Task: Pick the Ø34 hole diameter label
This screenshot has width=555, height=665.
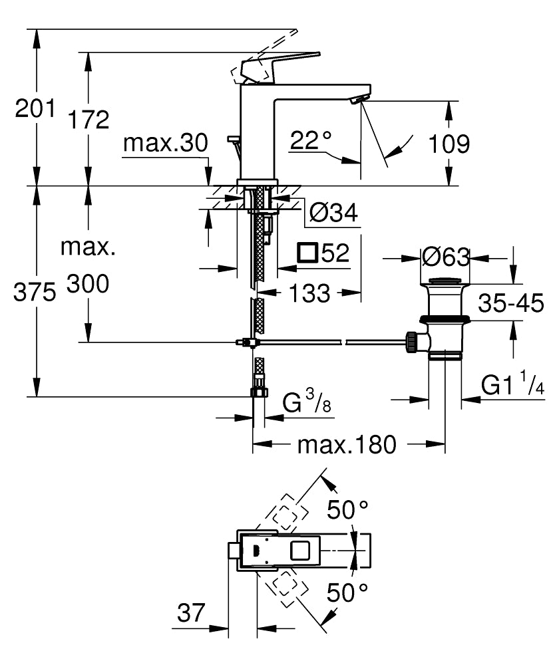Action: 333,213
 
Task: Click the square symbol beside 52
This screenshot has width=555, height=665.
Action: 307,253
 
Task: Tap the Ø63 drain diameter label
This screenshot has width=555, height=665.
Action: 445,257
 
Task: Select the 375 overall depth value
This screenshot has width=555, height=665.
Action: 35,293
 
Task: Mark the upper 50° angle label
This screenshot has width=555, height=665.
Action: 347,510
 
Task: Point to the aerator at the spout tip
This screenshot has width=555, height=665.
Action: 358,100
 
